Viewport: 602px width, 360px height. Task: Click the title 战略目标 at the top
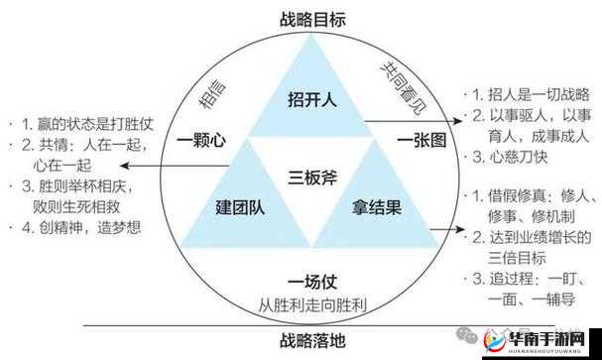(301, 17)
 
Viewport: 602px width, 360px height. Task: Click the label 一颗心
(202, 141)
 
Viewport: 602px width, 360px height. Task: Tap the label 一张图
(421, 141)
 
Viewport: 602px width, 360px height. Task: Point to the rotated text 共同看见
(403, 80)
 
